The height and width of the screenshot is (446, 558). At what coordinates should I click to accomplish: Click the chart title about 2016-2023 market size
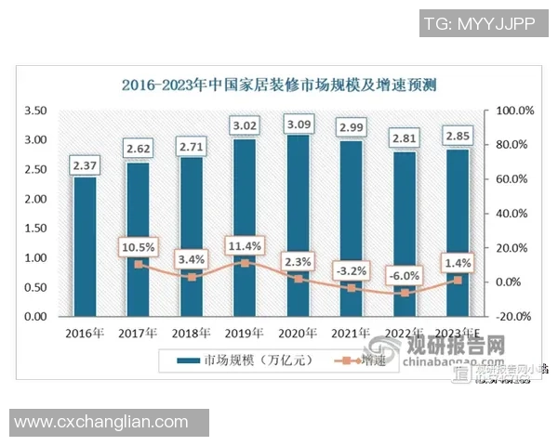tap(279, 85)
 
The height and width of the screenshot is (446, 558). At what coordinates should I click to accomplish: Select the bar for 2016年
tap(85, 246)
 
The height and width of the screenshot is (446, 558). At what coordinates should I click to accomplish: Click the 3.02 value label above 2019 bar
tap(245, 125)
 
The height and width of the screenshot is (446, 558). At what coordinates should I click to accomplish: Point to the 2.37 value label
tap(85, 165)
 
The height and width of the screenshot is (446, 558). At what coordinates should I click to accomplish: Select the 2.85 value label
tap(458, 137)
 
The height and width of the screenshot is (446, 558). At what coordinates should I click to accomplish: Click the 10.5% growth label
tap(138, 246)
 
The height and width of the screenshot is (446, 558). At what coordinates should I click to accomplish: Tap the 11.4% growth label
tap(245, 245)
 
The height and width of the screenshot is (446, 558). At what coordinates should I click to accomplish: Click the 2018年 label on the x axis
tap(192, 333)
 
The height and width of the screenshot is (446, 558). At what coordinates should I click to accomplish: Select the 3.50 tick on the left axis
tap(34, 111)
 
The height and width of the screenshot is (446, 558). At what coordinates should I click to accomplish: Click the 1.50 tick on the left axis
tap(34, 229)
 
